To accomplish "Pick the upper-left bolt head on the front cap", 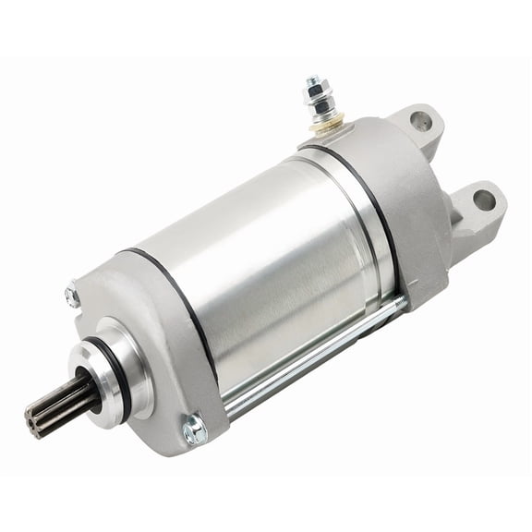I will [72, 296].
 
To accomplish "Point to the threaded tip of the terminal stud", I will [311, 81].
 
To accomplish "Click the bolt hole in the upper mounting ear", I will [420, 119].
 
